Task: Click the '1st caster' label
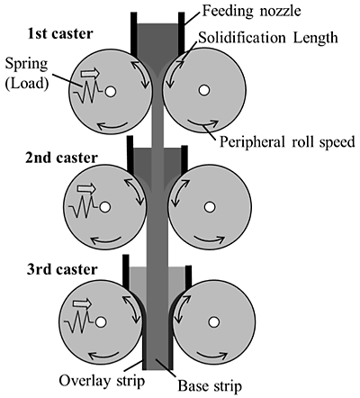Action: pyautogui.click(x=60, y=33)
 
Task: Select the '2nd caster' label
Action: pyautogui.click(x=61, y=158)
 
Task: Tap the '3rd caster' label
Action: pyautogui.click(x=62, y=269)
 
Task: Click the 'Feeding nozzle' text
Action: pyautogui.click(x=251, y=11)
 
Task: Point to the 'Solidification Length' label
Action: pyautogui.click(x=268, y=38)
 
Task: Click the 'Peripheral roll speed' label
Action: pyautogui.click(x=287, y=142)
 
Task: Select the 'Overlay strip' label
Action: pyautogui.click(x=102, y=381)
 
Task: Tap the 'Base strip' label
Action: pyautogui.click(x=210, y=385)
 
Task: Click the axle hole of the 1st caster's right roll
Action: pyautogui.click(x=204, y=90)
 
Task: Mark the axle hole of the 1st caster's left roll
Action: pyautogui.click(x=111, y=92)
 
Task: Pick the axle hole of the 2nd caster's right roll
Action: pyautogui.click(x=210, y=207)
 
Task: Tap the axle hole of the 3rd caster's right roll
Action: pyautogui.click(x=213, y=322)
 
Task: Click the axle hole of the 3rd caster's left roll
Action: pyautogui.click(x=101, y=322)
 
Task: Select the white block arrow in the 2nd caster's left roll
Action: pyautogui.click(x=86, y=189)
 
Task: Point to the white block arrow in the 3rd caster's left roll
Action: pyautogui.click(x=82, y=303)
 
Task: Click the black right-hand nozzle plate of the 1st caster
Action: pyautogui.click(x=182, y=33)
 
